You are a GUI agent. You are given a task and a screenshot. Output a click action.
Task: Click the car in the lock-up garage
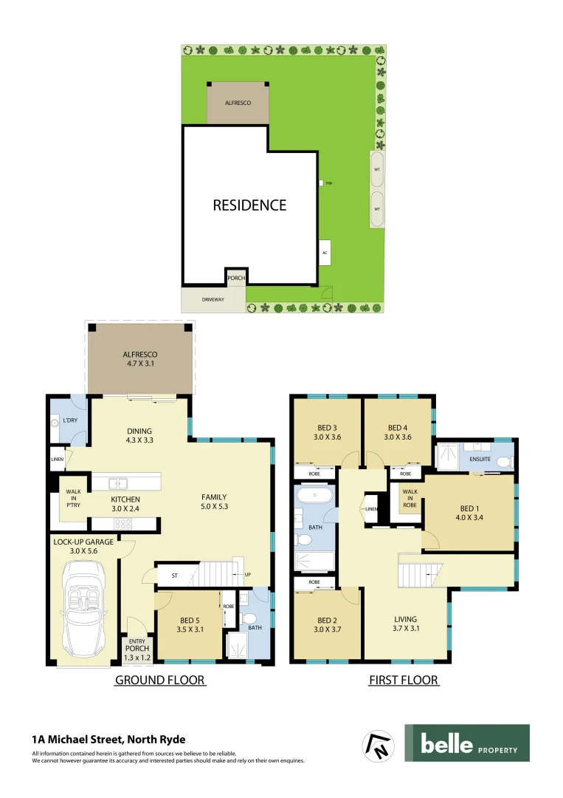click(x=83, y=601)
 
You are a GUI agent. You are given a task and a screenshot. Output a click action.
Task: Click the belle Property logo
click(x=467, y=743)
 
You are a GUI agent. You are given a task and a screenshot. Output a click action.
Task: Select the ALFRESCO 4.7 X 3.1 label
click(x=140, y=359)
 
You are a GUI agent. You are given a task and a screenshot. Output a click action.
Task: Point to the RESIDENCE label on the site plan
click(x=249, y=205)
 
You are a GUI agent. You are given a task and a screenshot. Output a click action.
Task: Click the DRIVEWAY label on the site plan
click(x=213, y=300)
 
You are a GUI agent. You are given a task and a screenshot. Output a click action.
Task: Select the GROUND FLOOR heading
click(x=159, y=680)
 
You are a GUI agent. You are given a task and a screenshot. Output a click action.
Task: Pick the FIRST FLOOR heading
click(x=403, y=680)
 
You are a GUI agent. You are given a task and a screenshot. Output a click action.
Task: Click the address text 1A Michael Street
click(x=108, y=739)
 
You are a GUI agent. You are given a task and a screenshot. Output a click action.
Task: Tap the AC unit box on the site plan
click(x=325, y=252)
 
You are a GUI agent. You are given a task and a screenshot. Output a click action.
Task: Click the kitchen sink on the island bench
click(x=118, y=483)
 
